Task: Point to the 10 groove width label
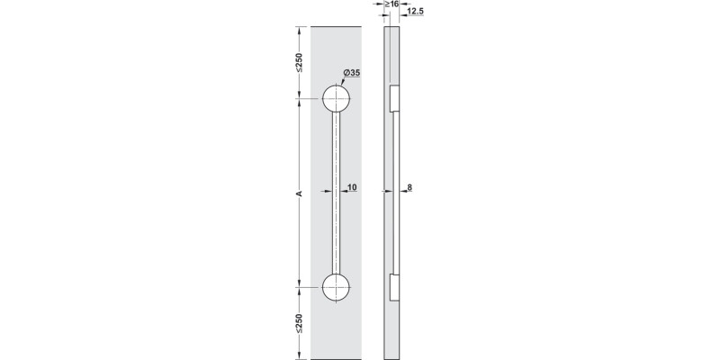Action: (x=352, y=187)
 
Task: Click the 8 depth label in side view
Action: (x=409, y=187)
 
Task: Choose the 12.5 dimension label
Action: (x=415, y=13)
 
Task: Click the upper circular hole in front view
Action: (x=337, y=99)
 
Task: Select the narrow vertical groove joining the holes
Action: (x=337, y=193)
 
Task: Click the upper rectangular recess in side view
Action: (x=393, y=99)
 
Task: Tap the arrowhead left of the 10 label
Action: (x=343, y=192)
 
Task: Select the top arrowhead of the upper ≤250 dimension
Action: (x=300, y=29)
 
